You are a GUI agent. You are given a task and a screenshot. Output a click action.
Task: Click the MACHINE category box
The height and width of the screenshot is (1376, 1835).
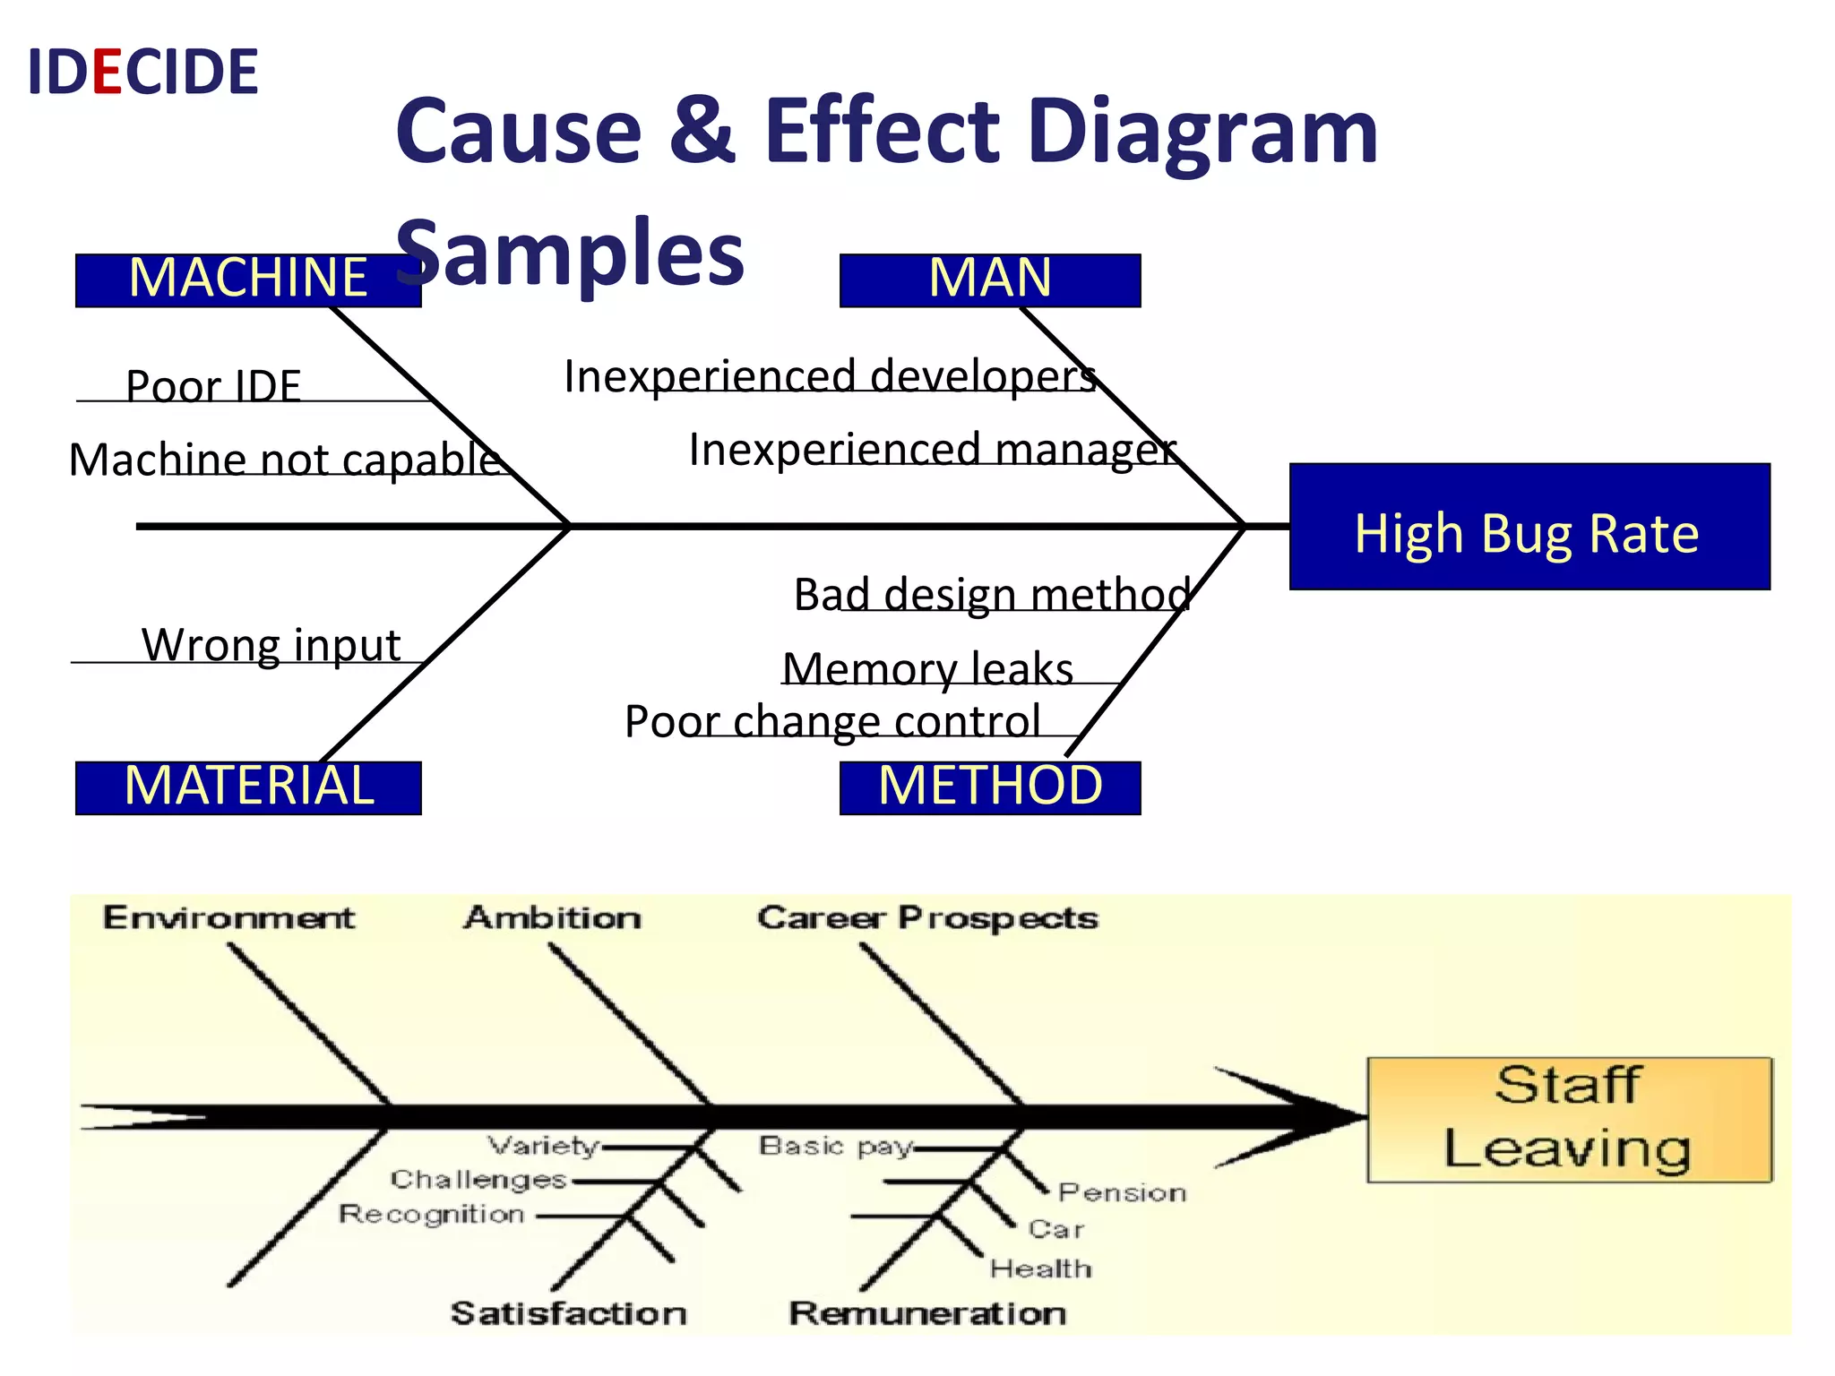247,279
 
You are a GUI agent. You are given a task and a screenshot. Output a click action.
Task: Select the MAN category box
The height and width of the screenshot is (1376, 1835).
989,279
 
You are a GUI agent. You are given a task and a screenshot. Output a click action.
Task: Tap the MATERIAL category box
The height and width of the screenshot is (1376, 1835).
247,787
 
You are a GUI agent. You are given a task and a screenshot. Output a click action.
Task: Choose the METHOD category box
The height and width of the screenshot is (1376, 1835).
989,787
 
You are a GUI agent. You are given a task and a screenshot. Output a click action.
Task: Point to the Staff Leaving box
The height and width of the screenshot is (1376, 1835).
1568,1120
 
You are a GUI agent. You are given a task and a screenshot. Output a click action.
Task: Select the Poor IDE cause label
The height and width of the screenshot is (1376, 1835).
213,385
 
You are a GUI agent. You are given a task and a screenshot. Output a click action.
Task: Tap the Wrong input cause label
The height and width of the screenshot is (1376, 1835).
271,644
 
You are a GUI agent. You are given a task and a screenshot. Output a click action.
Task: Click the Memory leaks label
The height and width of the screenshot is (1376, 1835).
927,668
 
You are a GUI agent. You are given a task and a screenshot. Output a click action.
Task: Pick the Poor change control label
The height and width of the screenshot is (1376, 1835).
832,720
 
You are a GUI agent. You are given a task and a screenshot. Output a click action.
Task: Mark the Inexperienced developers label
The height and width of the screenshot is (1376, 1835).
830,375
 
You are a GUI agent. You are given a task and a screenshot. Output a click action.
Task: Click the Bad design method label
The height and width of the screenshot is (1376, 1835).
992,594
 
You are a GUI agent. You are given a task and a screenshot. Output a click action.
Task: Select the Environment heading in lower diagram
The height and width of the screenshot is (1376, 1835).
228,917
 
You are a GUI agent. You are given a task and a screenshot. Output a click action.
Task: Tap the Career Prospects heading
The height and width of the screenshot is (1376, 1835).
926,917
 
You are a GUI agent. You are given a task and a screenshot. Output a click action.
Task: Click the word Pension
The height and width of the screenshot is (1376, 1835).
1122,1192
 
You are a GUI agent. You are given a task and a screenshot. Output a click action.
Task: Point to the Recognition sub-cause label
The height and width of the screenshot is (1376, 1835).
431,1214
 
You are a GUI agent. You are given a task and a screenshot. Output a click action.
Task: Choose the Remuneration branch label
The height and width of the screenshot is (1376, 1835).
926,1313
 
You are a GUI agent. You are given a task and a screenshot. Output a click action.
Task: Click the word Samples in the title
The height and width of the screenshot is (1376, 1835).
570,253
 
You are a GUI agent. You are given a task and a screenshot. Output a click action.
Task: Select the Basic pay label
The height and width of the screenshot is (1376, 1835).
835,1146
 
